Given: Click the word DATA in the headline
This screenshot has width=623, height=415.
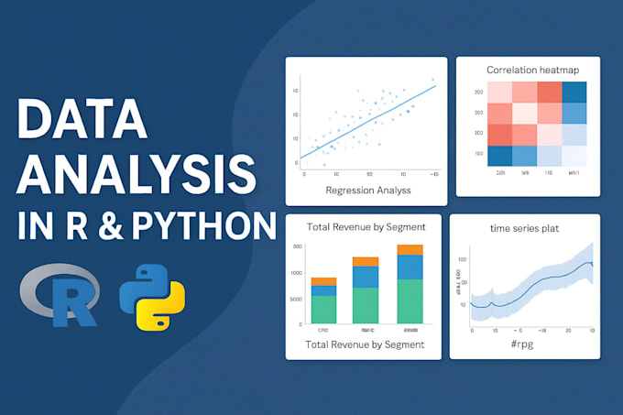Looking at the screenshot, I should coord(82,119).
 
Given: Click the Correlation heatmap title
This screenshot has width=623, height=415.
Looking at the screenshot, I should coord(527,70).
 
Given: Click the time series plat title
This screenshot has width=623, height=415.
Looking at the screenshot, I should coord(525,228).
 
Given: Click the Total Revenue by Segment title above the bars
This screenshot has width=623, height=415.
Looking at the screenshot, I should coord(365,227).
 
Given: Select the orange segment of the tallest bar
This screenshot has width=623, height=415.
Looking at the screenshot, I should coord(410,249).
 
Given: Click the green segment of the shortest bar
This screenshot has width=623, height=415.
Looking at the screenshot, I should coord(323,309).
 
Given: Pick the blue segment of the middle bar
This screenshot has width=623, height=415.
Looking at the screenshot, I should coord(366,277).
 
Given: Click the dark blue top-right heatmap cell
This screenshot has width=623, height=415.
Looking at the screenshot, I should coord(574,93).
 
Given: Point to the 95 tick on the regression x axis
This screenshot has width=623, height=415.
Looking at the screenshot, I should coord(369,173).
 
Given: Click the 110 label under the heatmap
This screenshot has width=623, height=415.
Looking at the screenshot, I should coord(549,172).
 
